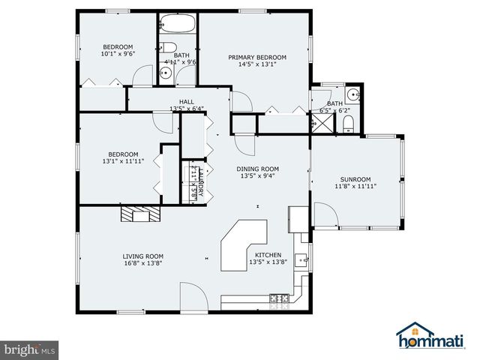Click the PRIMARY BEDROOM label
(x=257, y=57)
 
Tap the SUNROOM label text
(x=355, y=179)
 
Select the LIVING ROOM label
(x=143, y=256)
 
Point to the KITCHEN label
(x=268, y=255)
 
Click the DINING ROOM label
(x=258, y=169)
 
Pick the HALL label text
(x=187, y=101)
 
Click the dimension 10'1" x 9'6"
(x=118, y=54)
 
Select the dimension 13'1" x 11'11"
(x=122, y=160)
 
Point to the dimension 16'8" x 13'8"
(x=143, y=263)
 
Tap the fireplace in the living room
(x=140, y=215)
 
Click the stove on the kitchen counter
(x=279, y=298)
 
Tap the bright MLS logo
(x=30, y=349)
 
